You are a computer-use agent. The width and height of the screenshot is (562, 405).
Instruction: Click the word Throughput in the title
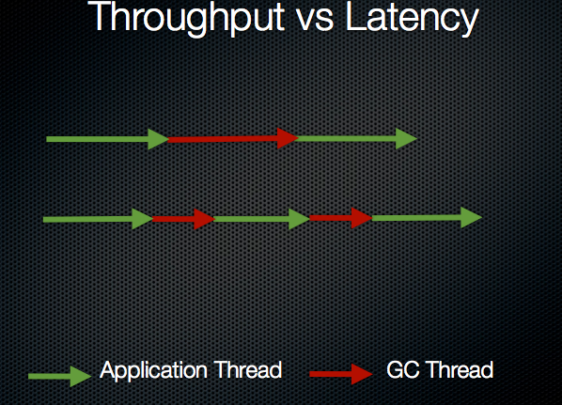[186, 18]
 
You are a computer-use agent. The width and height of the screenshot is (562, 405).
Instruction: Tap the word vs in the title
[316, 21]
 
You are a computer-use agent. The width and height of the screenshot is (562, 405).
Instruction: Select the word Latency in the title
[413, 19]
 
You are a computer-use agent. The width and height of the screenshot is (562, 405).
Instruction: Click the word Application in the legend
[153, 371]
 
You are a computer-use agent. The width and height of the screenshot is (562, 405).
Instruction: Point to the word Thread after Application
[248, 369]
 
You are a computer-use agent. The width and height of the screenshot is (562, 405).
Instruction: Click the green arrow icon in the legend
[59, 376]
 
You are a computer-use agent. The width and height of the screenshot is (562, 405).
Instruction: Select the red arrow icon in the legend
[341, 374]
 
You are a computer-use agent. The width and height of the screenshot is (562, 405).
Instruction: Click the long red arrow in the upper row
[233, 139]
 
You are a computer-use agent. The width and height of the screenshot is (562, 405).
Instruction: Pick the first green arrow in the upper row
[107, 139]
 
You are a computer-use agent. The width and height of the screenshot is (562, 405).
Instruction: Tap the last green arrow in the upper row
[356, 138]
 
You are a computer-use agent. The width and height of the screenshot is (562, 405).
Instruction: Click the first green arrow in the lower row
[98, 219]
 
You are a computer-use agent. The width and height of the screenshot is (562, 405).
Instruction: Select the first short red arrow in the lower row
[183, 219]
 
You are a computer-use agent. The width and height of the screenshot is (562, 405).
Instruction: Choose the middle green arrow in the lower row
[262, 219]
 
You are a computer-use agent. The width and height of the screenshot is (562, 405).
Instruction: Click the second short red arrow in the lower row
[341, 218]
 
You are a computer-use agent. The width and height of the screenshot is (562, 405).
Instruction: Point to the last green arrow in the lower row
[427, 218]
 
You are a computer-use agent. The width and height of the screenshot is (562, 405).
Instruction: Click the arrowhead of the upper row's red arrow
[288, 138]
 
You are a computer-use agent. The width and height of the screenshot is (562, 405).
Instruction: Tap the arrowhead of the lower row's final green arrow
[472, 217]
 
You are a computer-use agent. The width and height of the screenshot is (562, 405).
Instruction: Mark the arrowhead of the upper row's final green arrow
[407, 138]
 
